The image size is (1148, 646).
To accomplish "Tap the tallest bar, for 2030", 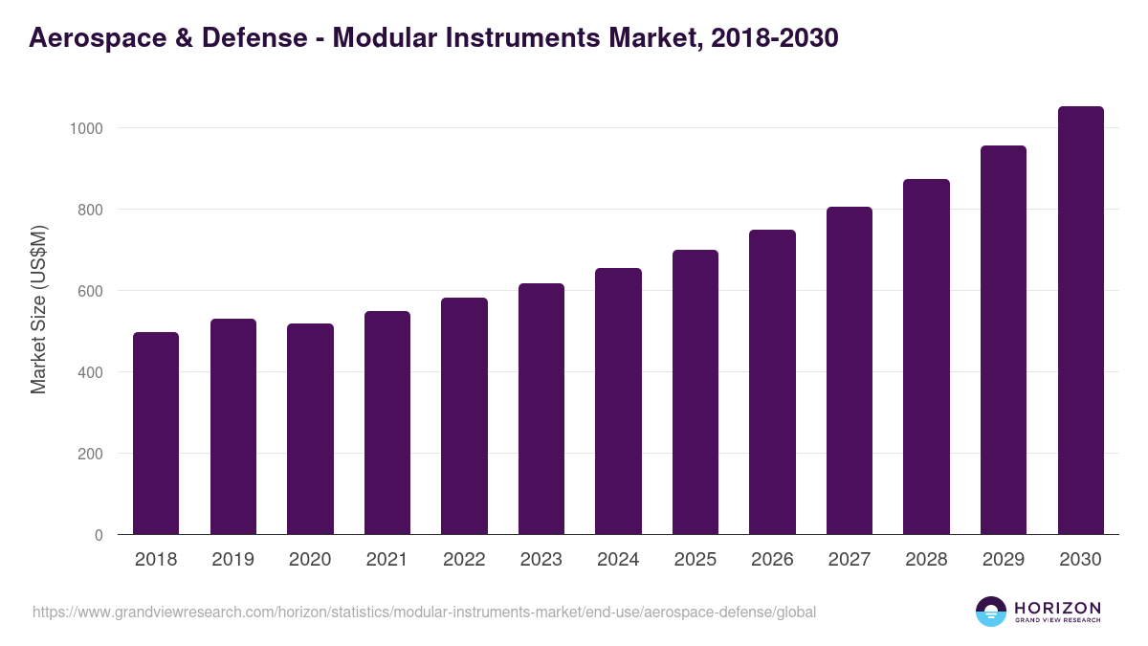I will coord(1080,321).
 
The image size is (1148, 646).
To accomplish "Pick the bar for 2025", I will coord(695,392).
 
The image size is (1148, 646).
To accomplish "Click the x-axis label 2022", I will coord(464,560).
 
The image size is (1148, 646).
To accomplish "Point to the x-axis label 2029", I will coord(1004,560).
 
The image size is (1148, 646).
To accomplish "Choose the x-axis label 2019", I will coord(232,560).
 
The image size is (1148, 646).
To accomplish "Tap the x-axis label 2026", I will coord(772,560).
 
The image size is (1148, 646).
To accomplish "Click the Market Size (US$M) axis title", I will coord(38,309).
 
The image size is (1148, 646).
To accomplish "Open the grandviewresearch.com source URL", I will coord(424,612).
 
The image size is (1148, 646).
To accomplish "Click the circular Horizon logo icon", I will coord(991,612).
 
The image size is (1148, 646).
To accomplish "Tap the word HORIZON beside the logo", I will coord(1057,607).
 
